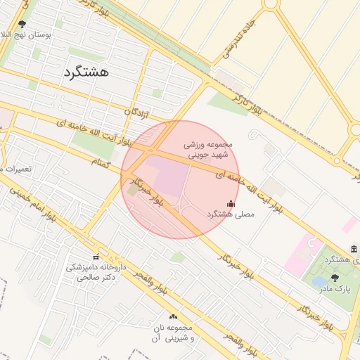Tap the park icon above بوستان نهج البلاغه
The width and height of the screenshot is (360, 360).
pos(22,24)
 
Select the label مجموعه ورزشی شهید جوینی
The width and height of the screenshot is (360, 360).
pos(207,149)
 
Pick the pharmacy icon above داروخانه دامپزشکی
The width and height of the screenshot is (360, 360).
pos(96,257)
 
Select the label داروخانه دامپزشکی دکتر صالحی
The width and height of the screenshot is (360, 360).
pos(94,272)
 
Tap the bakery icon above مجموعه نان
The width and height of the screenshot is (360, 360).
pos(172,316)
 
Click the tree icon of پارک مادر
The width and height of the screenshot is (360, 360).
pos(334,278)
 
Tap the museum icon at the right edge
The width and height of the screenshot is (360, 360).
pos(353,250)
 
